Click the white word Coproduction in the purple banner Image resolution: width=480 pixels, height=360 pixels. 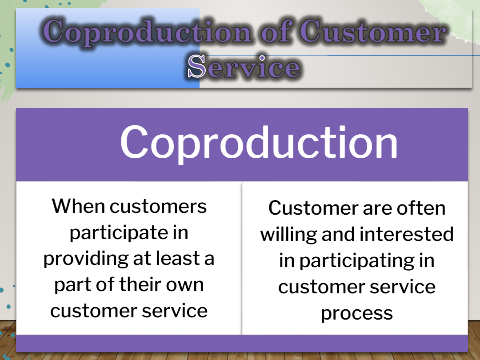click(x=259, y=143)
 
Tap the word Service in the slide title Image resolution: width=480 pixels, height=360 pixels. click(x=244, y=66)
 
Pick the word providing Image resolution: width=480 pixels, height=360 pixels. click(x=86, y=259)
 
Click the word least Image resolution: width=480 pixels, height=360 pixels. click(x=178, y=258)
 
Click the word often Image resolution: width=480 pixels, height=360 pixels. click(x=421, y=208)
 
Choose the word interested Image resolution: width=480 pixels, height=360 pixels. click(x=407, y=234)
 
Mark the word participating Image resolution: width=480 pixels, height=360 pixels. click(x=356, y=262)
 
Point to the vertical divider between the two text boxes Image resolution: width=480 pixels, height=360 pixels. click(x=242, y=258)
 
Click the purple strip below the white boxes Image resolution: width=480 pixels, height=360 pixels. click(x=242, y=343)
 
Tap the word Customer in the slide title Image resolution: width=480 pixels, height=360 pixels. click(x=372, y=31)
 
